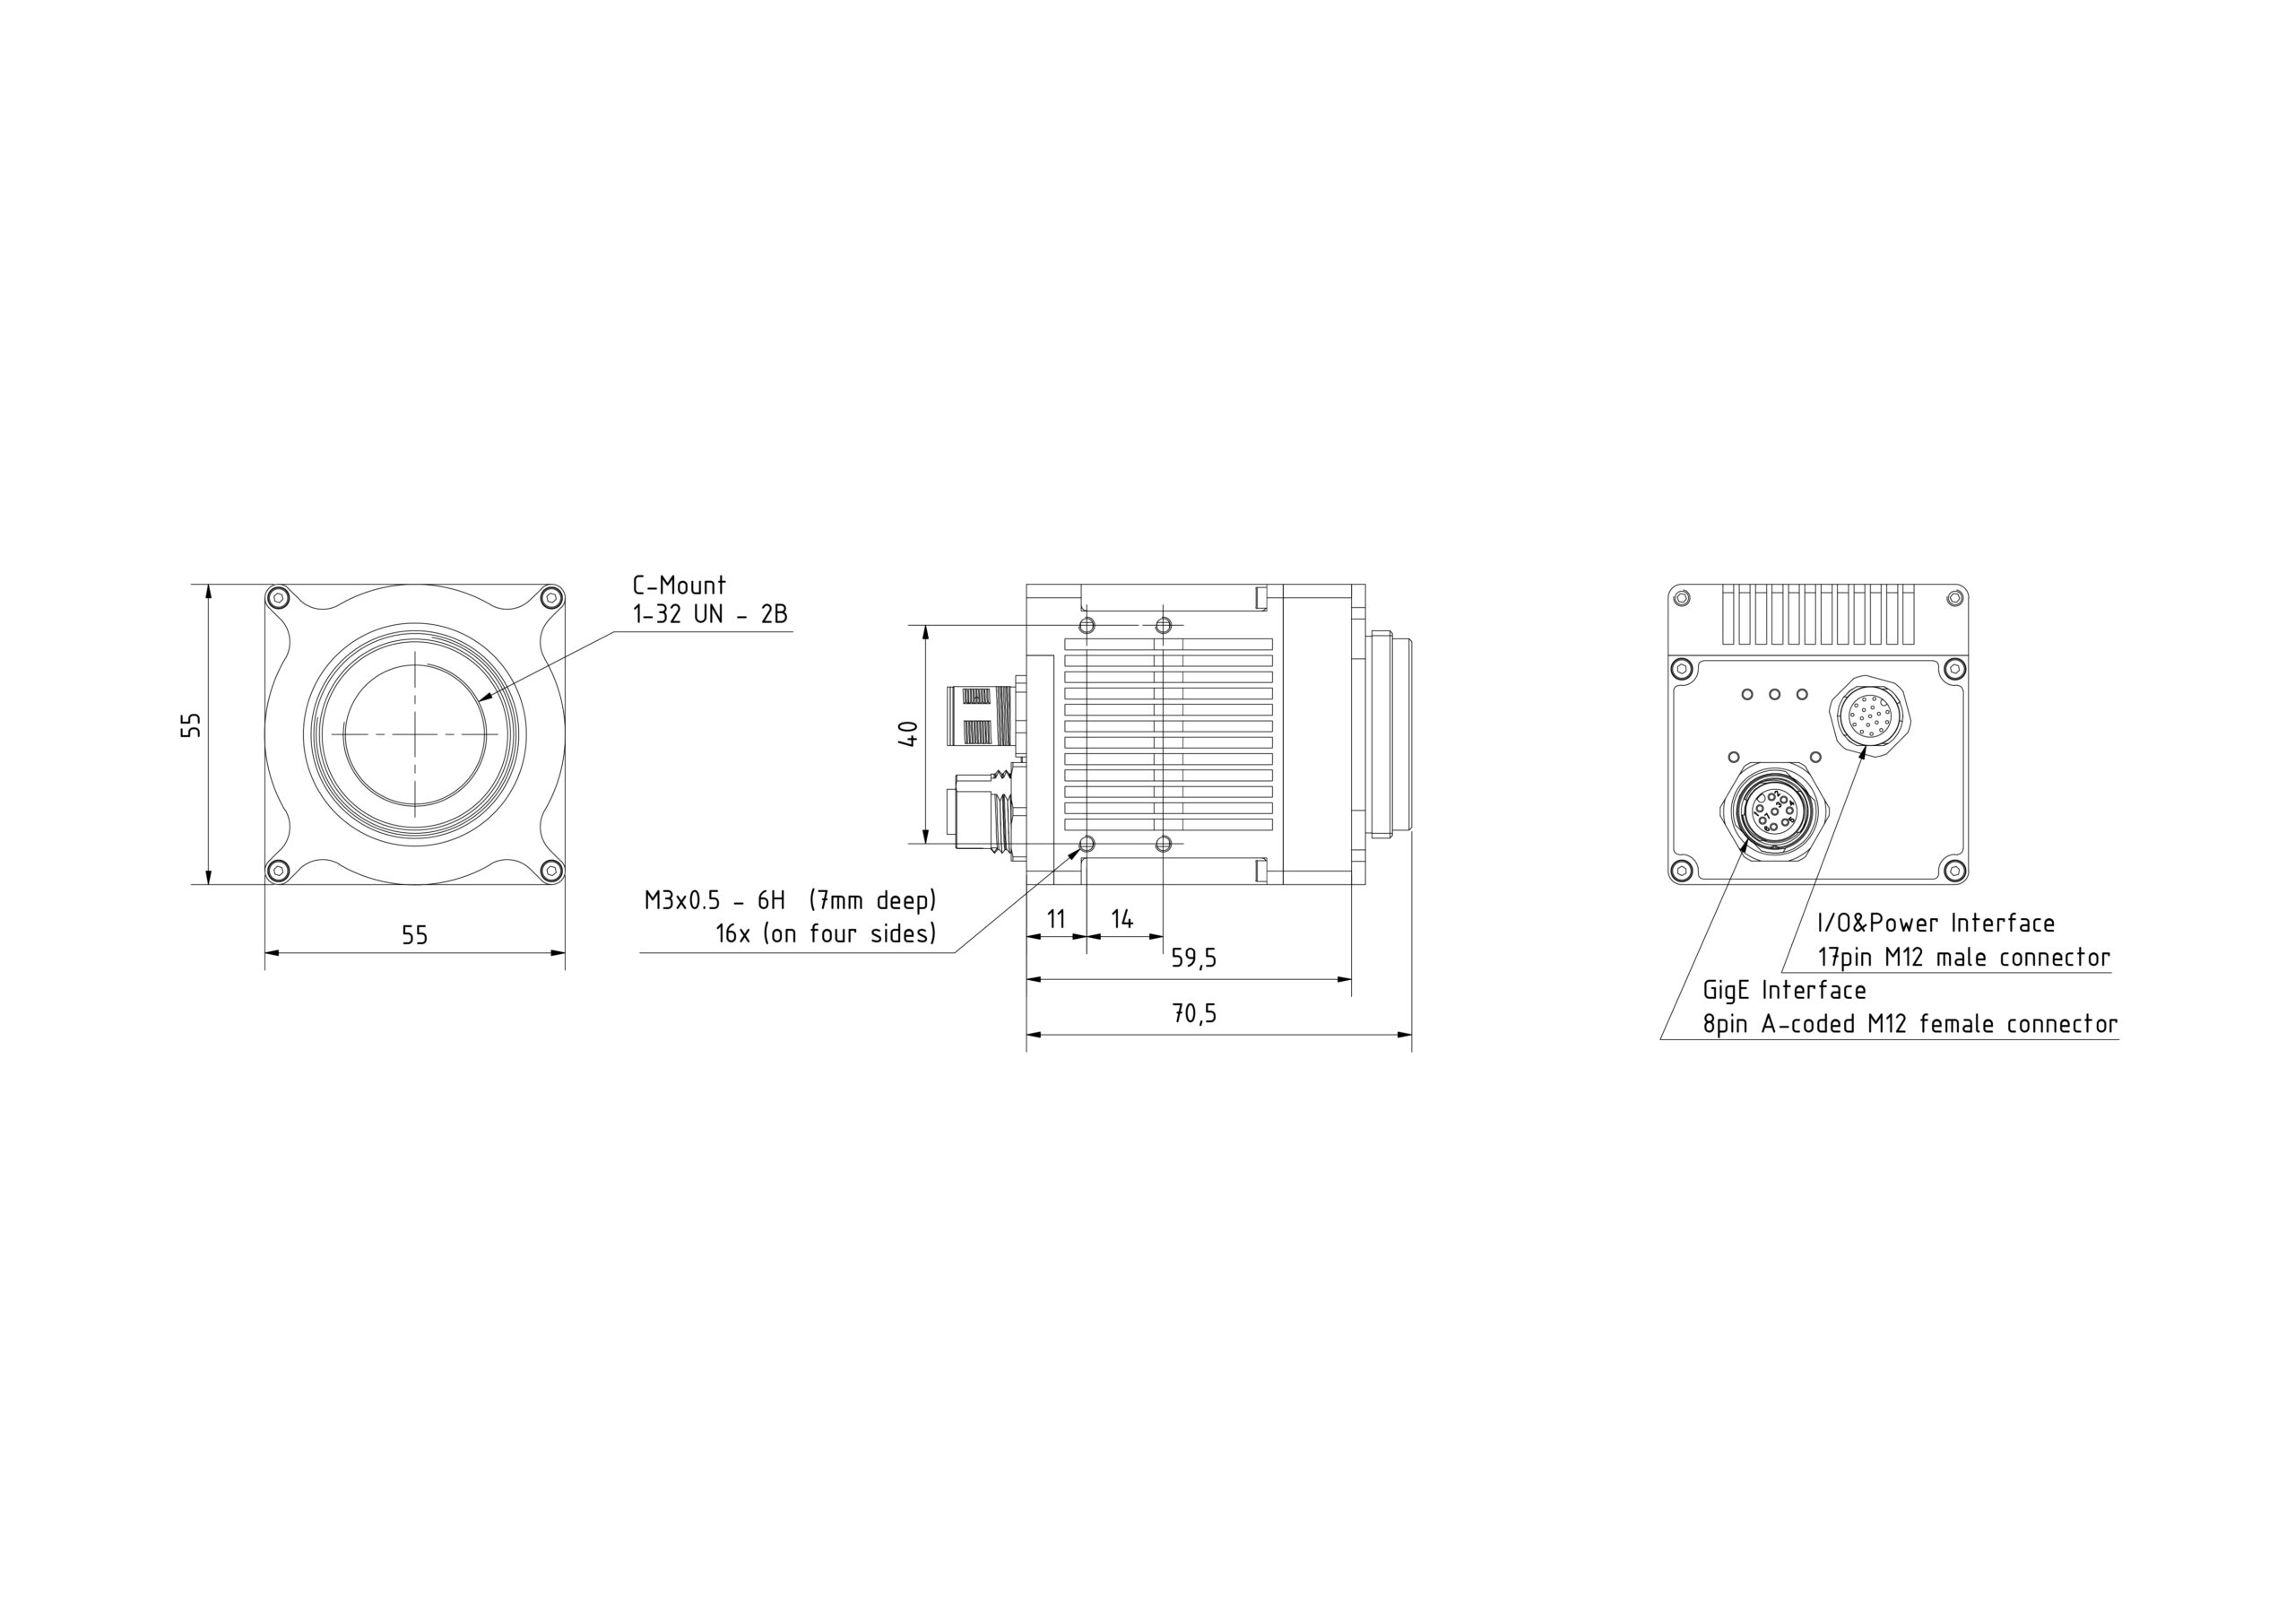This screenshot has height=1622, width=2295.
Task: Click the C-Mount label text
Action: click(x=679, y=585)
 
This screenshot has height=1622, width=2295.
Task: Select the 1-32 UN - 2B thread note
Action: click(x=710, y=614)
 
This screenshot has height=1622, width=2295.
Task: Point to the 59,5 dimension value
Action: click(x=1193, y=958)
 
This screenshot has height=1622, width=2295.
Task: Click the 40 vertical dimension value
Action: click(x=909, y=734)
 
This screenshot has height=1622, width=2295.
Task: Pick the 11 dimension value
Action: click(x=1055, y=918)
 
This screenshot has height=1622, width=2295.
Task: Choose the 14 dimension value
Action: click(x=1122, y=918)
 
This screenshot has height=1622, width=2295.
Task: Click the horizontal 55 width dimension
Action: click(x=415, y=935)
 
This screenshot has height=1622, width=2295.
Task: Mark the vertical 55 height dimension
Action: click(x=191, y=725)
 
